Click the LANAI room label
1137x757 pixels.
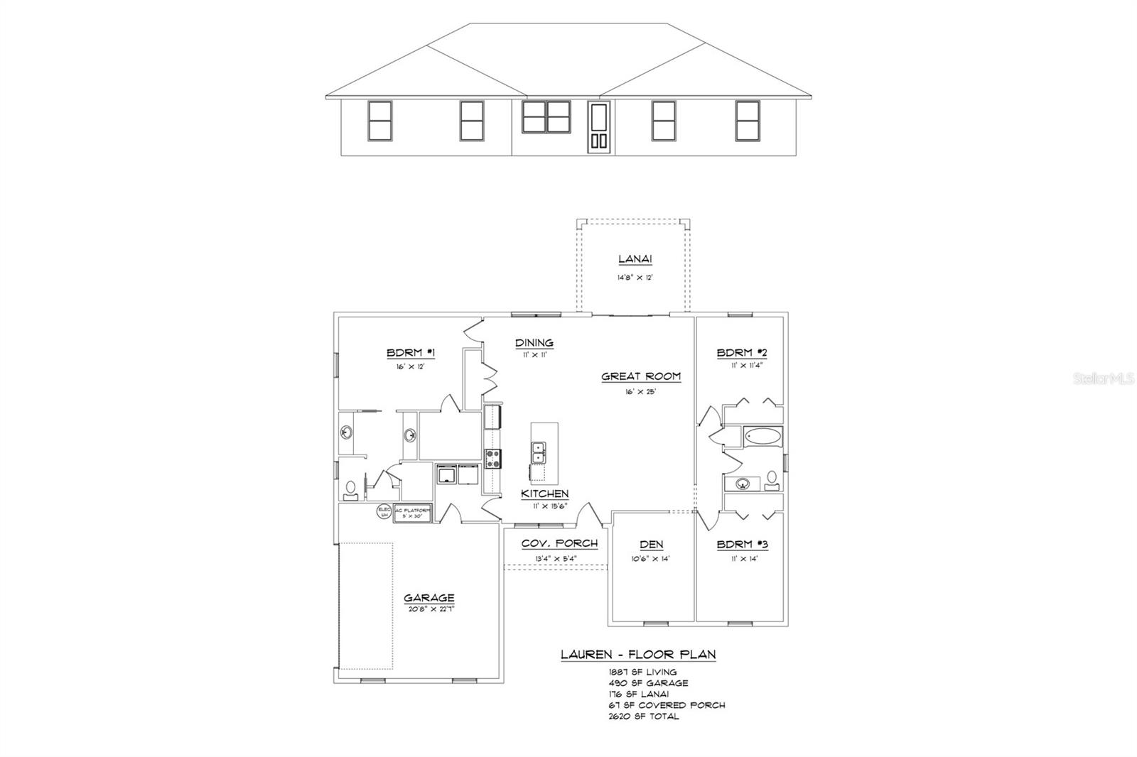pyautogui.click(x=635, y=260)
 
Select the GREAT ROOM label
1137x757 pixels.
pyautogui.click(x=641, y=376)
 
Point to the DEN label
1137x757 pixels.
pyautogui.click(x=651, y=545)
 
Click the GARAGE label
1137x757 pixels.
pyautogui.click(x=429, y=598)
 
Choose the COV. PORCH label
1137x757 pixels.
pyautogui.click(x=559, y=543)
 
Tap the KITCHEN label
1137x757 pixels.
pyautogui.click(x=545, y=494)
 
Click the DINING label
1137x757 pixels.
pyautogui.click(x=534, y=343)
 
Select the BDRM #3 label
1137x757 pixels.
pyautogui.click(x=742, y=545)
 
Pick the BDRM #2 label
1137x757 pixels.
pyautogui.click(x=742, y=353)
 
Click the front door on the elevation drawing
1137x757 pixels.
pyautogui.click(x=598, y=126)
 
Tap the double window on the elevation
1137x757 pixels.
pyautogui.click(x=546, y=117)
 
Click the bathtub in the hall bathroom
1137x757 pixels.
pyautogui.click(x=762, y=436)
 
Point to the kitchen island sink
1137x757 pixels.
pyautogui.click(x=539, y=449)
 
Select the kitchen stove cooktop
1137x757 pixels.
pyautogui.click(x=492, y=459)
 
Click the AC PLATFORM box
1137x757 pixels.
pyautogui.click(x=413, y=513)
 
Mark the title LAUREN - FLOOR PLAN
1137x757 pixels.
pyautogui.click(x=638, y=655)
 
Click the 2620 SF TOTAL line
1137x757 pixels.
pyautogui.click(x=643, y=717)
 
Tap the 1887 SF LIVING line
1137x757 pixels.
pyautogui.click(x=642, y=672)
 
